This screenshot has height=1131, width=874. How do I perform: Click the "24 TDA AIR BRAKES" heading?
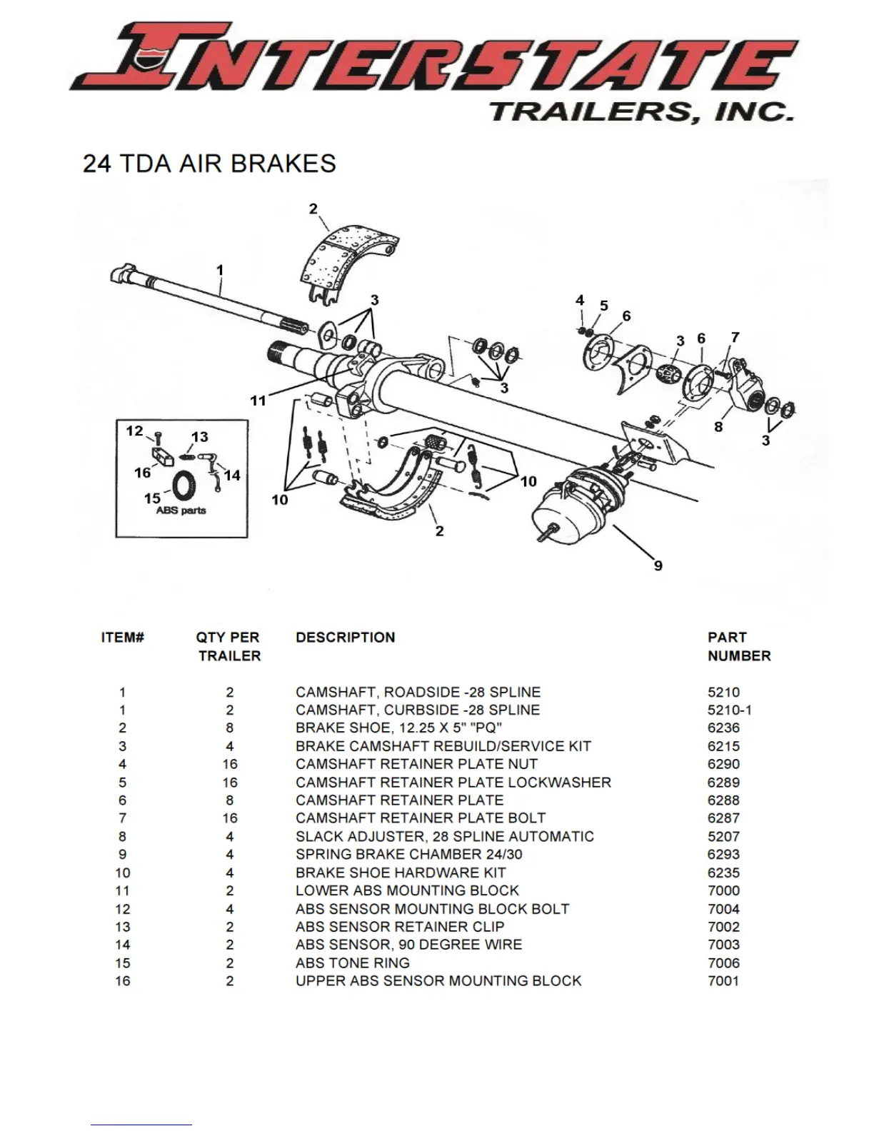(x=209, y=164)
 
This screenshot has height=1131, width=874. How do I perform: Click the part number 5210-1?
(x=729, y=710)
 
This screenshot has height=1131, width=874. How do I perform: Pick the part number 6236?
(x=723, y=728)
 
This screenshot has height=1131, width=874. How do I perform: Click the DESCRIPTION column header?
(x=345, y=637)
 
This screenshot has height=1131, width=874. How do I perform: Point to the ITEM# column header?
(x=123, y=637)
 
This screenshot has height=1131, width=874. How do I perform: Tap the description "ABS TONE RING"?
(x=352, y=962)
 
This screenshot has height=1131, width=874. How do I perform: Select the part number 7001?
(x=723, y=980)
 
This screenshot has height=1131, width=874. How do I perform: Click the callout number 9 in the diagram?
(x=658, y=565)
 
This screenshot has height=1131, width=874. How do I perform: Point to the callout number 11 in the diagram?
(x=258, y=401)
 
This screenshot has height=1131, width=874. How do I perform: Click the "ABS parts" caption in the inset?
(x=181, y=511)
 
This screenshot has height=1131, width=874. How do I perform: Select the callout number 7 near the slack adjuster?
(x=735, y=336)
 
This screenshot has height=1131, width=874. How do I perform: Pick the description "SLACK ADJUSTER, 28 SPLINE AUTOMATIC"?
(x=444, y=836)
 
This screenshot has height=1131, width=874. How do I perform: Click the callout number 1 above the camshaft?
(x=220, y=270)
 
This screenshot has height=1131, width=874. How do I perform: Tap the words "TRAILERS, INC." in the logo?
(x=641, y=112)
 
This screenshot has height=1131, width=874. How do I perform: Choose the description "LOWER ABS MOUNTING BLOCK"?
(x=407, y=890)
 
